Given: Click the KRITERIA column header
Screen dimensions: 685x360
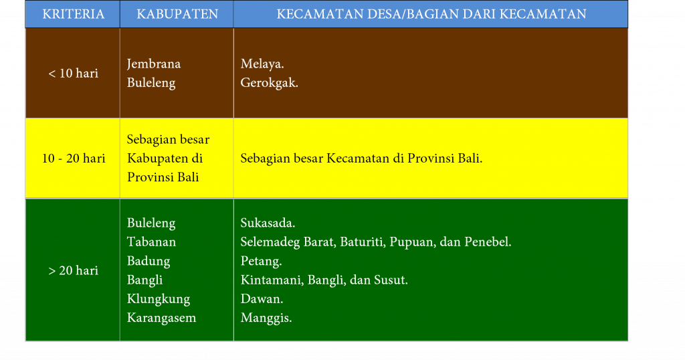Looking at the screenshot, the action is [x=74, y=14].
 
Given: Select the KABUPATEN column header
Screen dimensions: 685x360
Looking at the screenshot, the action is [x=177, y=14].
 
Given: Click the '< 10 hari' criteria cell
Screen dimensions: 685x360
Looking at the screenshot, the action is [x=74, y=73].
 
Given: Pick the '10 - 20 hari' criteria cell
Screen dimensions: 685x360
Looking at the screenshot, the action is [x=74, y=158].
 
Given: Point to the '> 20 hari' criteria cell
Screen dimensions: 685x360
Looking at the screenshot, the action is [x=74, y=270].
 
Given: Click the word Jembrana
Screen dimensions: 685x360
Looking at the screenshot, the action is [x=154, y=64].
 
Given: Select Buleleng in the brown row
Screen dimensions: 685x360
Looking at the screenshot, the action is [x=151, y=82].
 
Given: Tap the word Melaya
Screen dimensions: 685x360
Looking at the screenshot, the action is [x=262, y=64].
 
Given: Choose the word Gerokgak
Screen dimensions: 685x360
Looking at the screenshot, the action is [x=269, y=83].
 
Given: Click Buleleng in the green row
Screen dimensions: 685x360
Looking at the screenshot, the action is [x=151, y=223].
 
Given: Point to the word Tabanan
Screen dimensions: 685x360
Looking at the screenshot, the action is [x=152, y=242].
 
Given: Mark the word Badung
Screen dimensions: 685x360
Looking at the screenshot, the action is [x=149, y=261].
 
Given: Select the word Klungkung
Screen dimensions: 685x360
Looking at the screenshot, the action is [x=159, y=299].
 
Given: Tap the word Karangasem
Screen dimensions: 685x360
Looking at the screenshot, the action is [x=162, y=318].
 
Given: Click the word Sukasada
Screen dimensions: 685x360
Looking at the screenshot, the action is [x=268, y=223].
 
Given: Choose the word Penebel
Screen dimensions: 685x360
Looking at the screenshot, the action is [x=488, y=242].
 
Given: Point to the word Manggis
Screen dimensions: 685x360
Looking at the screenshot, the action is [x=266, y=318].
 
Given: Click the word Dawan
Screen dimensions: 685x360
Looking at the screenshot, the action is [x=262, y=299].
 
